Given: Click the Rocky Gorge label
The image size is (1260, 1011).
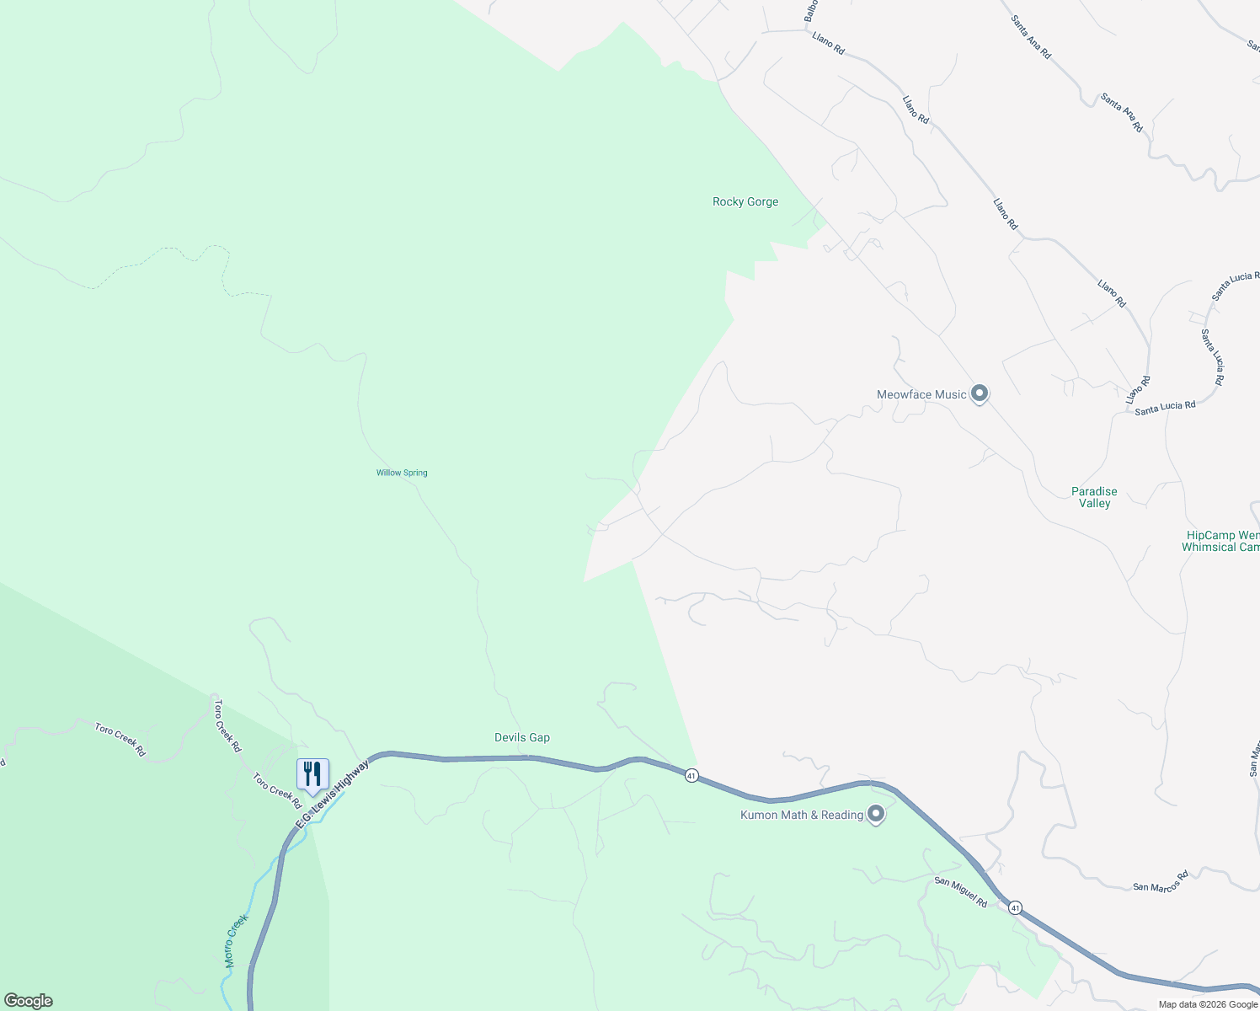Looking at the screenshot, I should [745, 202].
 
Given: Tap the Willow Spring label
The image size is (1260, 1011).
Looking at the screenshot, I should [402, 473].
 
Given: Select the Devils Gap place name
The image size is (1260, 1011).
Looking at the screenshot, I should [522, 738].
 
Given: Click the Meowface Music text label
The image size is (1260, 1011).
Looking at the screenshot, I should [921, 394].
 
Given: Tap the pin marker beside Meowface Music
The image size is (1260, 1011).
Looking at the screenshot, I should [980, 393].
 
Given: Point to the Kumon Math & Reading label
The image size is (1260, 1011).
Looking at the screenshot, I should [802, 815].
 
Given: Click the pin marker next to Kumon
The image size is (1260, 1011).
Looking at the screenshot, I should [876, 815].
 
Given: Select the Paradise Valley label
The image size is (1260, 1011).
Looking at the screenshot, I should [1094, 497].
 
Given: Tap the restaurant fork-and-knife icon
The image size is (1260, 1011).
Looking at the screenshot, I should [312, 773].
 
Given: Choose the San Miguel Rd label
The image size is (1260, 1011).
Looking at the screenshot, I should [961, 892].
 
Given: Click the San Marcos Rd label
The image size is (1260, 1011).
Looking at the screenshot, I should [1160, 881].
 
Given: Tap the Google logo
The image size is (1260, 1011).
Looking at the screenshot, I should [29, 1001].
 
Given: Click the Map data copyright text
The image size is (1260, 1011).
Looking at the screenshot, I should [1207, 1004].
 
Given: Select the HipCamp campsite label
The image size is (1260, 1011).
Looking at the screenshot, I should [1221, 541].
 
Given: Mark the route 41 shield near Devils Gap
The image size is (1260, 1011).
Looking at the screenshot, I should [691, 775].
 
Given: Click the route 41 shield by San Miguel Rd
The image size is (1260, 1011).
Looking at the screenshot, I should [1015, 908].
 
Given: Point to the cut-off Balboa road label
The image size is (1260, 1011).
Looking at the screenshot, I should [810, 11].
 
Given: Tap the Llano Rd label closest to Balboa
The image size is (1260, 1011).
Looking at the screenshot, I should [828, 43].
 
